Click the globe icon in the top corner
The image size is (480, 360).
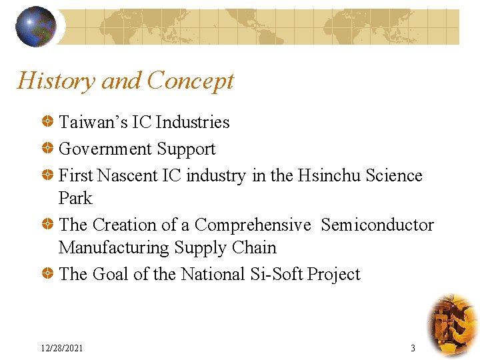tap(36, 26)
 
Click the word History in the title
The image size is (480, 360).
tap(56, 81)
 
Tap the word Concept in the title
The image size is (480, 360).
tap(190, 81)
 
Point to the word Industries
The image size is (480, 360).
tap(193, 122)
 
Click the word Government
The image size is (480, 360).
tap(105, 149)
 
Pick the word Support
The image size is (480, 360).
tap(186, 149)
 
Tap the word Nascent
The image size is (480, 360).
tap(127, 175)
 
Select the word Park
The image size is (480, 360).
tap(75, 198)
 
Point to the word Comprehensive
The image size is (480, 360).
tap(253, 225)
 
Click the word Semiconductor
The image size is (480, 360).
tap(377, 225)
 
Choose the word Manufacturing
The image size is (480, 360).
tap(114, 248)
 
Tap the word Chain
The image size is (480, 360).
tap(254, 247)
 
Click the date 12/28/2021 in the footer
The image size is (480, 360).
tap(62, 348)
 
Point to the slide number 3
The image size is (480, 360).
tap(413, 348)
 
